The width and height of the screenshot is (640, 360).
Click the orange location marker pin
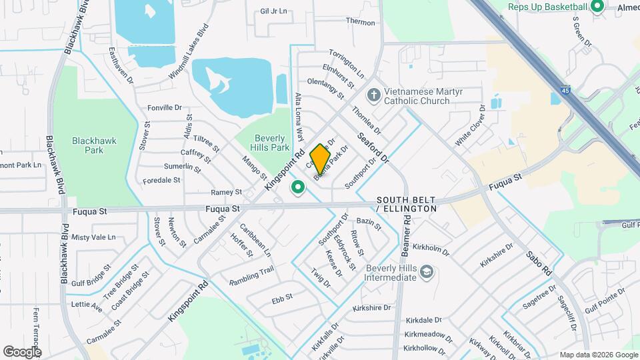pos(321,158)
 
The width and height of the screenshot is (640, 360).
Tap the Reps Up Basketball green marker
pos(597,7)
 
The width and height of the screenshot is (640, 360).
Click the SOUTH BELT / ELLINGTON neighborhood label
pos(406,204)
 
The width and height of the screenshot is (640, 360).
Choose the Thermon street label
pos(361,22)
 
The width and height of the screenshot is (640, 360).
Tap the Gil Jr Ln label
pos(273,11)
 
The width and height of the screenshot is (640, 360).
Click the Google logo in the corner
pos(22,351)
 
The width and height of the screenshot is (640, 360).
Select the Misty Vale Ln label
pos(93,237)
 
